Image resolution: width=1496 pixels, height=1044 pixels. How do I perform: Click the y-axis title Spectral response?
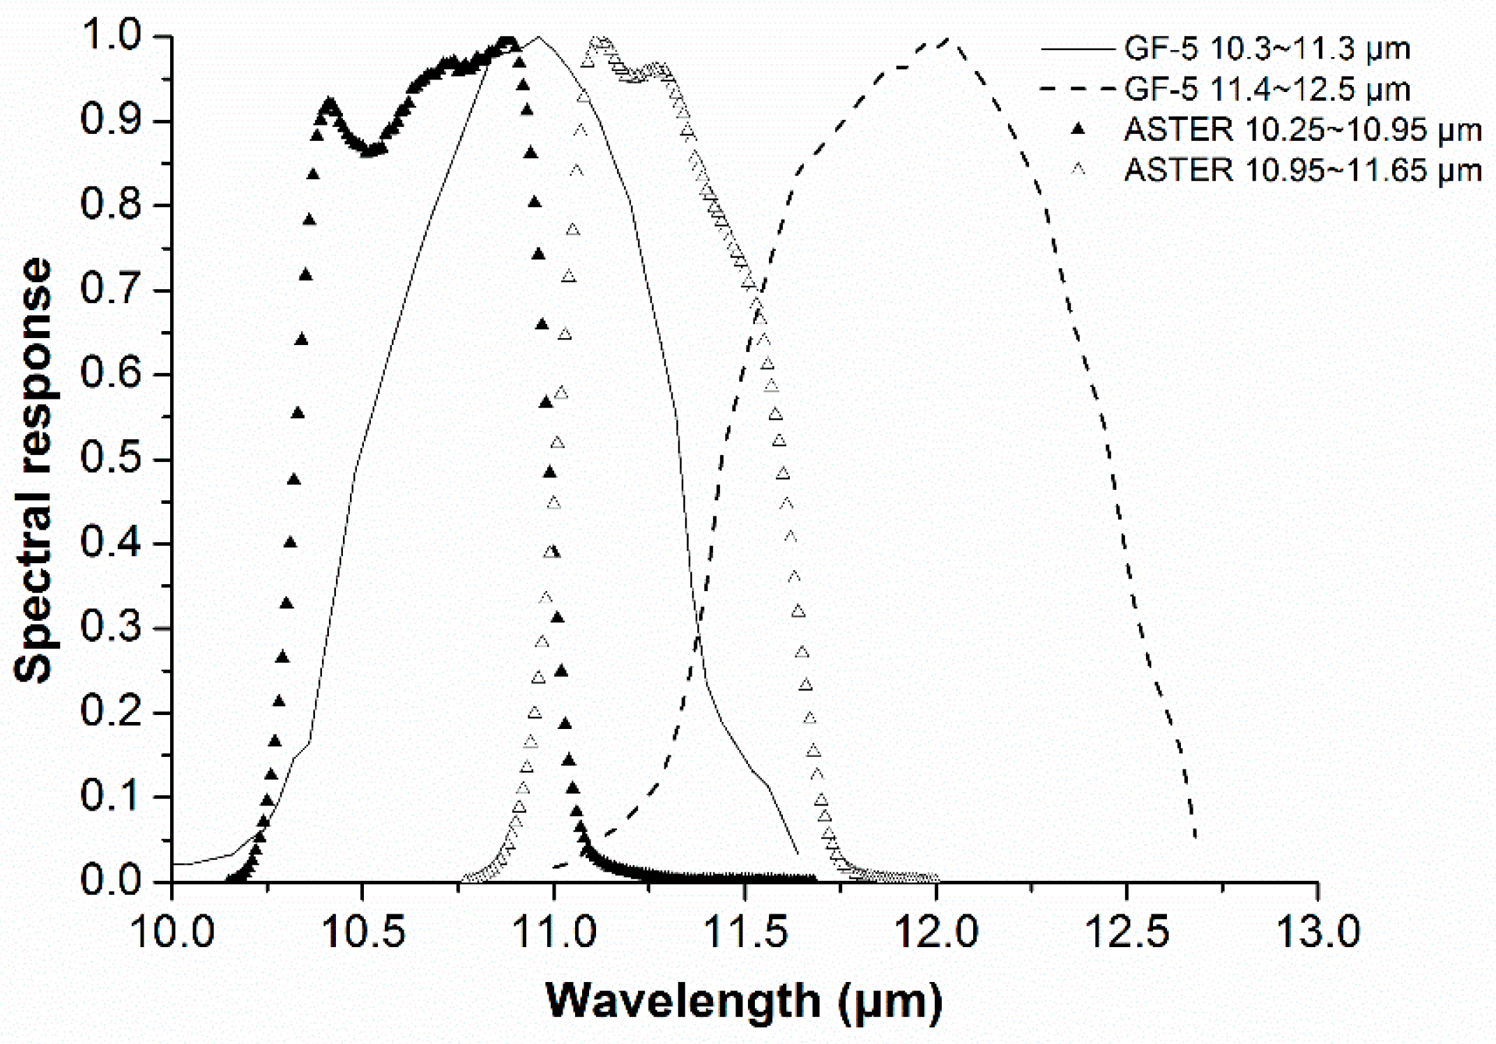click(33, 470)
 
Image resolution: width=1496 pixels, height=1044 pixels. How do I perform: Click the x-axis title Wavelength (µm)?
click(744, 1001)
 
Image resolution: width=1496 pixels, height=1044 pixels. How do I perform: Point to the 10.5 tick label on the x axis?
click(364, 932)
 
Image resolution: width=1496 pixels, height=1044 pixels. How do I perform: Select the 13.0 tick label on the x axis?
click(1318, 932)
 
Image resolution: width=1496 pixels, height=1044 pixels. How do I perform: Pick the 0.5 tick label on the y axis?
click(112, 460)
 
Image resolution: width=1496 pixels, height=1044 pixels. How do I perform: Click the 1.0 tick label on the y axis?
click(112, 36)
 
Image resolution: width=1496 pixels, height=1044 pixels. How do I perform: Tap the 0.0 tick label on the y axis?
click(112, 881)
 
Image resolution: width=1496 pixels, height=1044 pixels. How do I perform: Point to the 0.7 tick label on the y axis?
click(112, 290)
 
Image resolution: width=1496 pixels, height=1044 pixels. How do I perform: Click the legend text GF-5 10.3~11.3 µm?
click(1267, 49)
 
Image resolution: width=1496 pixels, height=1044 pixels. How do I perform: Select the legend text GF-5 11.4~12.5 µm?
click(1267, 89)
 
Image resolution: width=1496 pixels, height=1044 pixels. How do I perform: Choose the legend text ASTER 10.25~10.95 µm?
click(1302, 130)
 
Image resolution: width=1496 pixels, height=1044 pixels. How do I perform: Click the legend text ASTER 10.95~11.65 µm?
click(1302, 170)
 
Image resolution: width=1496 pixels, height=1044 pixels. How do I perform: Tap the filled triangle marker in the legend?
click(1078, 128)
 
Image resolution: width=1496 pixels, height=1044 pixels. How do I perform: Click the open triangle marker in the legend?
click(1078, 169)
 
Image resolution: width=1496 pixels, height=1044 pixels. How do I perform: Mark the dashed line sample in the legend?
click(1077, 89)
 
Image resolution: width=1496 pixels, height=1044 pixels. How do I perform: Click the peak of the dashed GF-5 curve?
click(948, 39)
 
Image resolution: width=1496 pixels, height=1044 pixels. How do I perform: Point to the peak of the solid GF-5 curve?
click(537, 38)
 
